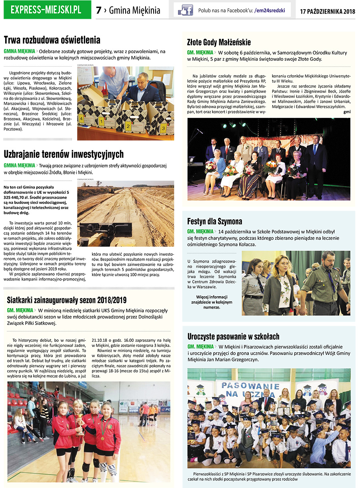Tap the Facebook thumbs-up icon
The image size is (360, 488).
coord(185,10)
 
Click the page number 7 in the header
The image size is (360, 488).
coord(98,10)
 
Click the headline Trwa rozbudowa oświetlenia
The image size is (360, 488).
coord(52,40)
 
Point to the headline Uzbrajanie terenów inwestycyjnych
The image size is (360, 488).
coord(64,154)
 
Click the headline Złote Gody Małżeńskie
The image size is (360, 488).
coord(219,42)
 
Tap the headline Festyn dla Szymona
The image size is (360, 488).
coord(214,221)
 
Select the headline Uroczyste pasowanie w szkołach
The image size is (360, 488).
coord(233,337)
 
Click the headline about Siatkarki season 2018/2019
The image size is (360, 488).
coord(67,300)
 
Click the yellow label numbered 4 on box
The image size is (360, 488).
coord(81,119)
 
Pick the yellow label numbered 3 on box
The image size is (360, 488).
coord(163,129)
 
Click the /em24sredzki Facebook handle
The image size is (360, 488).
coord(270,11)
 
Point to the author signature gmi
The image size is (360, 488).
coord(346,112)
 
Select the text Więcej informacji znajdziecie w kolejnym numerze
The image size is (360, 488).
coord(212,302)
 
